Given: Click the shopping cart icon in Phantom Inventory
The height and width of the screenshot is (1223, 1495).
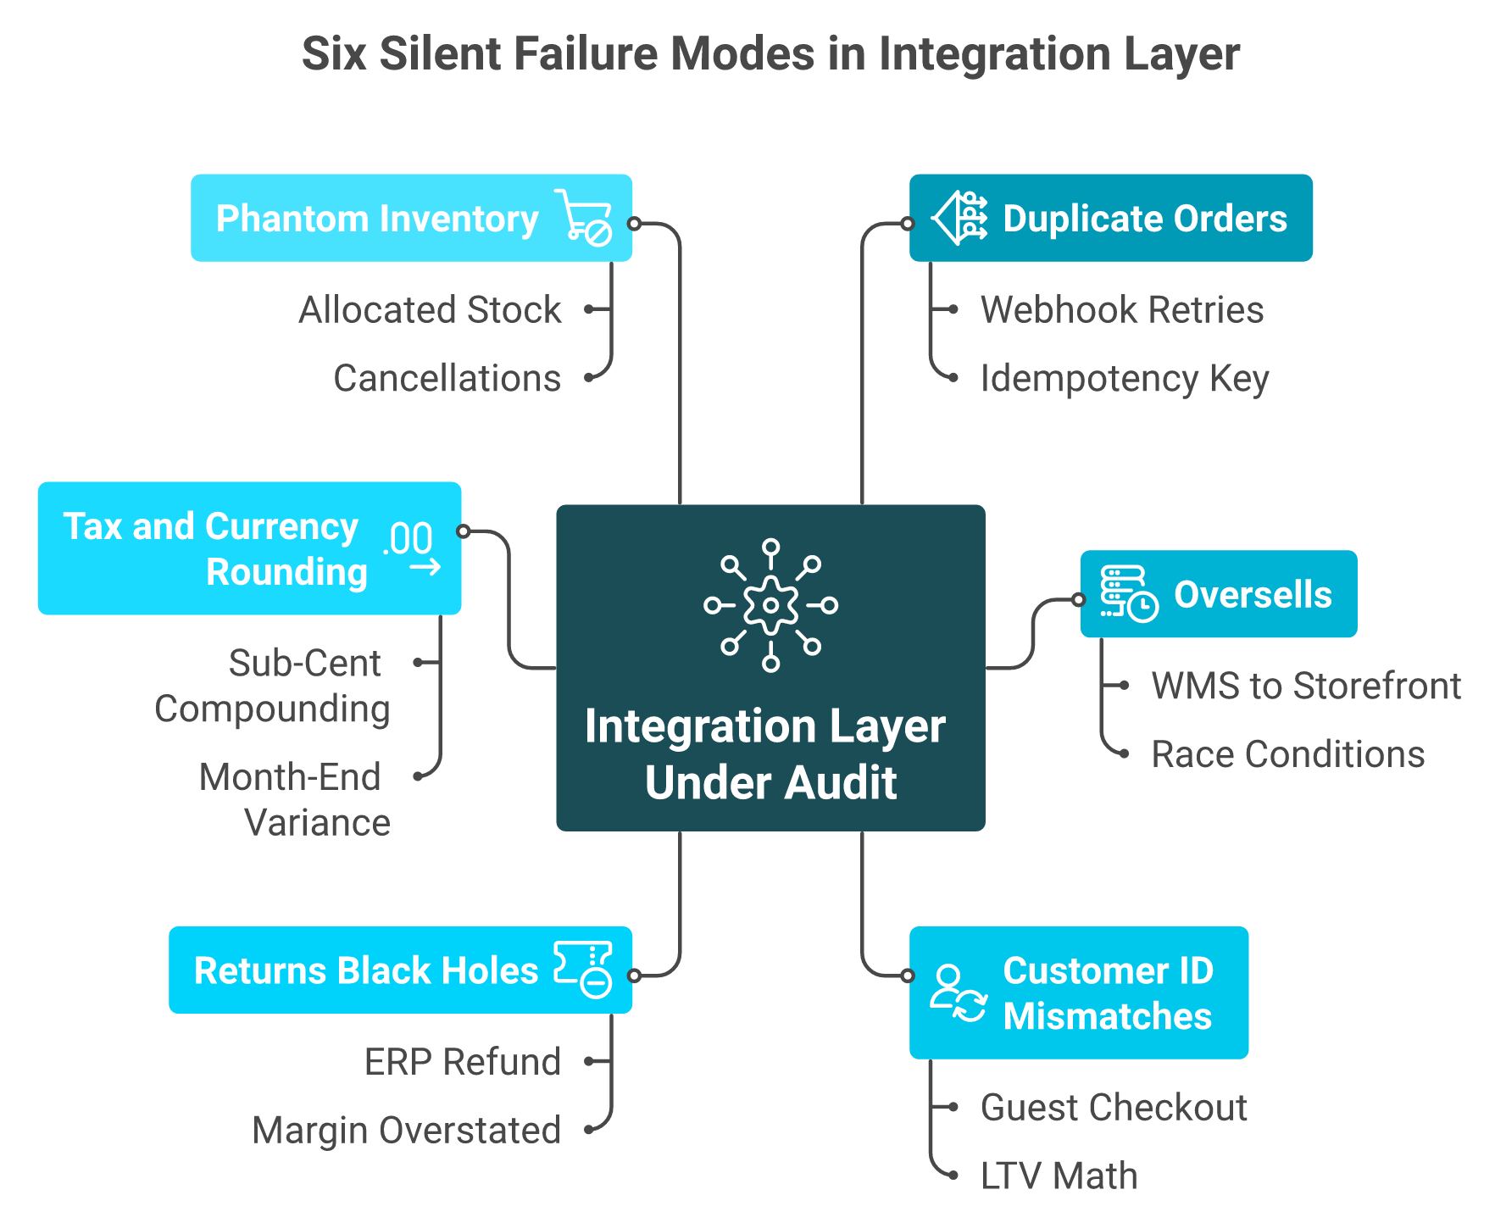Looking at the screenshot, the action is (583, 218).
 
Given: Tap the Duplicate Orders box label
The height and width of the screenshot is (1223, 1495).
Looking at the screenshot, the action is (1145, 219).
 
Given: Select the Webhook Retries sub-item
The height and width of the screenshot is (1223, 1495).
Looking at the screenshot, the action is (1122, 310).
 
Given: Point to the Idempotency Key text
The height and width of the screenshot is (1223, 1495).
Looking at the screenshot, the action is (1125, 379).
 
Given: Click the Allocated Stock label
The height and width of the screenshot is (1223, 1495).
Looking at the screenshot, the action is (430, 310).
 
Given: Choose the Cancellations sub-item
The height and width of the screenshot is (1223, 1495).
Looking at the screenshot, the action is (447, 379).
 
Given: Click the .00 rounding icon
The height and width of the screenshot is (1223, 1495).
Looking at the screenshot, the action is (413, 548).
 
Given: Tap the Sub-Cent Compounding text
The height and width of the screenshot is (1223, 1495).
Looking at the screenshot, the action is (272, 687).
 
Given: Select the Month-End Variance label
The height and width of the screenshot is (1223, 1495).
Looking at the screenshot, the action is (295, 800).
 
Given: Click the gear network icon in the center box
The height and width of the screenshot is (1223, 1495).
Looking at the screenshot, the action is (770, 605).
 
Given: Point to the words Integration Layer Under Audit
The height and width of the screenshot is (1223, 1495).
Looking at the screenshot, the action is (766, 754).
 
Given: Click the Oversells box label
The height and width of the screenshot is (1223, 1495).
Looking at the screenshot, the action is (1253, 595).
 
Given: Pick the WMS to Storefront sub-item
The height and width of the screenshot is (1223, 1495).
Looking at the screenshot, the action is (1306, 687).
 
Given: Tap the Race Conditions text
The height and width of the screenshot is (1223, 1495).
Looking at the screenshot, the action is (1288, 755).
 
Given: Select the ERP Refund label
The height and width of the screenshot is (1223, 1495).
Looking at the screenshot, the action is (463, 1062).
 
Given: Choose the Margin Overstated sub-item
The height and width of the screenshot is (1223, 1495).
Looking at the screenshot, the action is (407, 1131).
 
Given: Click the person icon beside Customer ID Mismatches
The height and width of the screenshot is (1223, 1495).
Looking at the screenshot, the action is (958, 992).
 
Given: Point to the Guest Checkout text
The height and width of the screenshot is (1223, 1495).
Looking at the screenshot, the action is (1114, 1108).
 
